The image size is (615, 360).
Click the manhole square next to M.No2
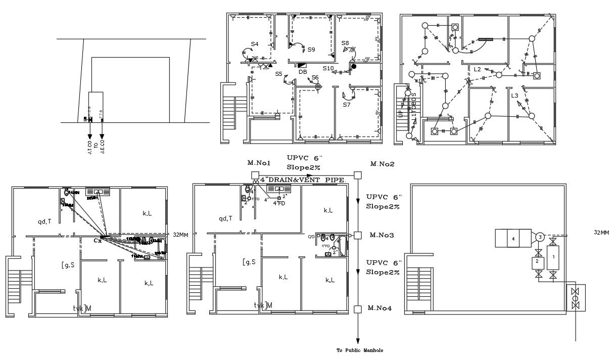[358, 175]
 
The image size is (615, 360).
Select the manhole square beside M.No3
[358, 235]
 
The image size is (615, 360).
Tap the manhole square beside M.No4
[358, 309]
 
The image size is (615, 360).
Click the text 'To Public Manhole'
[360, 350]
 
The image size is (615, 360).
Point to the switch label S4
[255, 44]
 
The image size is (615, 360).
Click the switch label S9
[311, 50]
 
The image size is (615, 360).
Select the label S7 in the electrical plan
[347, 105]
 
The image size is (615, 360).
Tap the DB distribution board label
[303, 72]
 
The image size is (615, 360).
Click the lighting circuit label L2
[478, 69]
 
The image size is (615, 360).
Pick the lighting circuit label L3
[514, 96]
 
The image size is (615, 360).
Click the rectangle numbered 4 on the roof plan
[513, 238]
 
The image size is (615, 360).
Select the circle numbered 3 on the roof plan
[540, 237]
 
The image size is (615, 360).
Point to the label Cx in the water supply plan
[98, 241]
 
